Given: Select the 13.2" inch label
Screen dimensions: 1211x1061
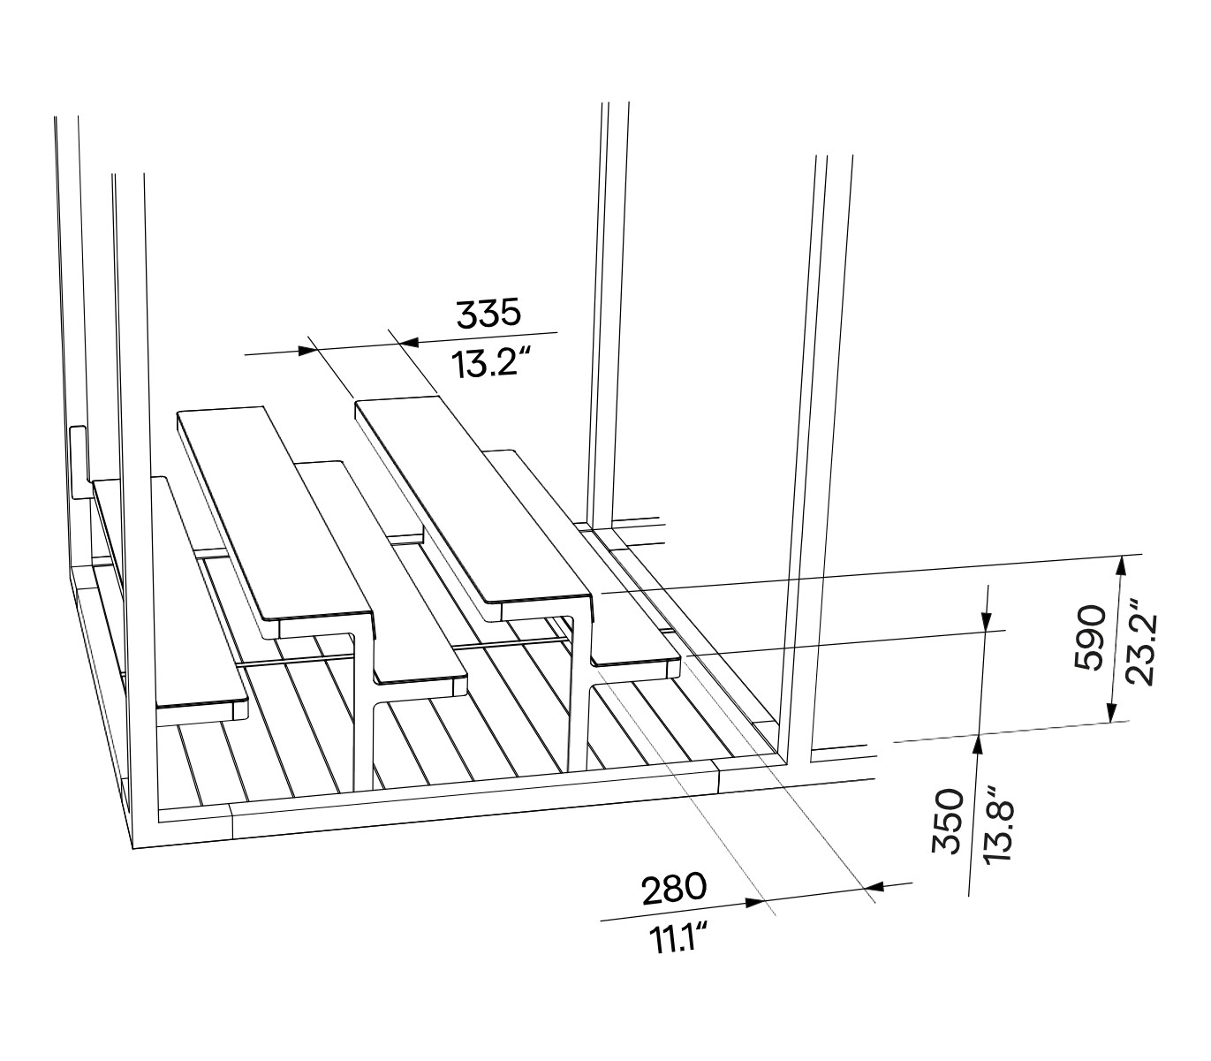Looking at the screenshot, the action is (x=491, y=363).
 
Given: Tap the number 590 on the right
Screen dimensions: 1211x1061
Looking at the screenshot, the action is (x=1088, y=638).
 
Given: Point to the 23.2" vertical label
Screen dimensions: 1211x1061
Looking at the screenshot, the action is (x=1139, y=649).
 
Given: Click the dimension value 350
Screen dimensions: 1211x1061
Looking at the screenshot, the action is (x=948, y=822).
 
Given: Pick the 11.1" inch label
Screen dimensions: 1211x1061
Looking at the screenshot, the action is (x=677, y=938).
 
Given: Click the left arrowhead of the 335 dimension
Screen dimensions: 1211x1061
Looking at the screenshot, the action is (x=307, y=351).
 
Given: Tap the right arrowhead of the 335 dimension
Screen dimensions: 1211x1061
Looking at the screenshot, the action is (x=409, y=342).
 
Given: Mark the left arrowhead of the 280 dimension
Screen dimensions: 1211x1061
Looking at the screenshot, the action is (x=755, y=903).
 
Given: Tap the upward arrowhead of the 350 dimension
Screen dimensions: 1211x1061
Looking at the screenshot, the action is (x=978, y=745).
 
